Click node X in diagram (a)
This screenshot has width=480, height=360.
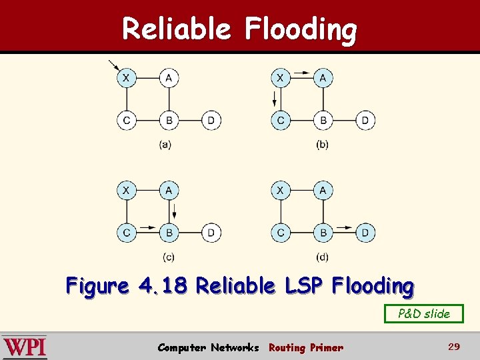126,79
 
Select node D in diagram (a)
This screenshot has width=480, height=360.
211,121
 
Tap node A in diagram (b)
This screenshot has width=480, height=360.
323,79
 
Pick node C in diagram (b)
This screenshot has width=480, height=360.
281,121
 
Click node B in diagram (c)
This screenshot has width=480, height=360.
169,233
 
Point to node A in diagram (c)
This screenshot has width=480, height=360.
169,191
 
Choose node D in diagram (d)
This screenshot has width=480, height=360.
365,233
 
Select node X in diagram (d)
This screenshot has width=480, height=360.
281,191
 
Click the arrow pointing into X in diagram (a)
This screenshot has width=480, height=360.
113,65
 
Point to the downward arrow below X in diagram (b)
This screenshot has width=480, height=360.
273,100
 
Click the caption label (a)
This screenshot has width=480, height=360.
165,145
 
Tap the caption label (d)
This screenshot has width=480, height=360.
323,257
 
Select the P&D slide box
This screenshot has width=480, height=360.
424,313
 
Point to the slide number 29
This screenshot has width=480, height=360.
454,347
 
